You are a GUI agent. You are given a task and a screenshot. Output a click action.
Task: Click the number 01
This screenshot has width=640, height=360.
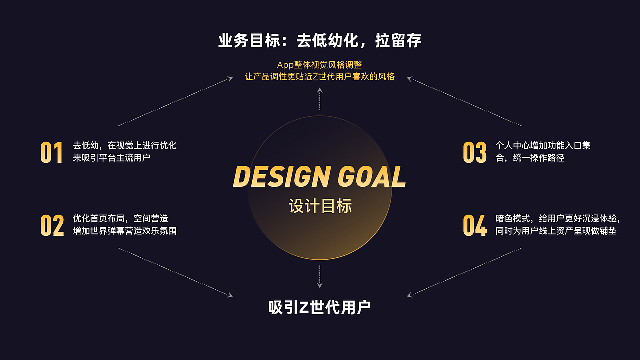(51, 152)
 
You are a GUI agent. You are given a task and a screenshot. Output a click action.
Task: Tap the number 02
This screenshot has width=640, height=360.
(52, 225)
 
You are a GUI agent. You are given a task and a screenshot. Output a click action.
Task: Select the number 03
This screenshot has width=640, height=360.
(474, 152)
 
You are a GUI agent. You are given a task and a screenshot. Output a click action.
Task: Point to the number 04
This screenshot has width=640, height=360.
(474, 225)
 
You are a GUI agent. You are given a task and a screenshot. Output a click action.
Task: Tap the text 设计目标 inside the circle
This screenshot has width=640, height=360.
(320, 206)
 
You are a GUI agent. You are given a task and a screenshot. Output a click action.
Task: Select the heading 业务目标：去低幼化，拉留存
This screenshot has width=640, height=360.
(320, 40)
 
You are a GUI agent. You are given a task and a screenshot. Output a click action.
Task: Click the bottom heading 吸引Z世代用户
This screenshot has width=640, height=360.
(320, 307)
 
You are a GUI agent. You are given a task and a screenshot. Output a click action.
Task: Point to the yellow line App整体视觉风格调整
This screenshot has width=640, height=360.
(320, 65)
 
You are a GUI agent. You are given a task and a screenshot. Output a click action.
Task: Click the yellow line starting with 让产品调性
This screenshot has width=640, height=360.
(320, 77)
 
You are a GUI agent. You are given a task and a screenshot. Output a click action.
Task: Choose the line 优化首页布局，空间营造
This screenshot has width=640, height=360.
(120, 219)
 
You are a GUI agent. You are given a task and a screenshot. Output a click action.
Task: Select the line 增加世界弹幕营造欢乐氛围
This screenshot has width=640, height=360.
(125, 231)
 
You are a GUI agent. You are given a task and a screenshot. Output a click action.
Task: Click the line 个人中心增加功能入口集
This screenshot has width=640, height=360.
(543, 146)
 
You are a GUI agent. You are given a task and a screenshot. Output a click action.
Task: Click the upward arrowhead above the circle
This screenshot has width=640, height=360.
(320, 91)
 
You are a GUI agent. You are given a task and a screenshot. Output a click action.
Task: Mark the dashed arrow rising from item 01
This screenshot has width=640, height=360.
(175, 101)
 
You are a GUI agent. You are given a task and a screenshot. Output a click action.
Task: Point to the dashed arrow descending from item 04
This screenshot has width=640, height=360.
(465, 272)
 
